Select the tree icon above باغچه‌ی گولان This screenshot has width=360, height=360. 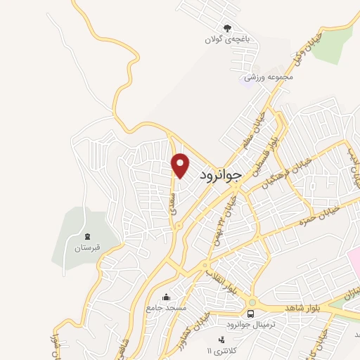(226, 28)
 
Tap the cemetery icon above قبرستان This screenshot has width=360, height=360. (87, 237)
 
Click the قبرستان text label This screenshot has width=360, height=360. (88, 248)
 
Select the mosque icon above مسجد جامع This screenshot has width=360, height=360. (165, 296)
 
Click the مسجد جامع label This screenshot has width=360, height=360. (165, 307)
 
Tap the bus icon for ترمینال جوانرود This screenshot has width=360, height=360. (251, 313)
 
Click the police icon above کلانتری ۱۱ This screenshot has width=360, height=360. (222, 340)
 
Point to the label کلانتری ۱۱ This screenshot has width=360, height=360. (219, 351)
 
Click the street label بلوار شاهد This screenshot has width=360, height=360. (303, 309)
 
